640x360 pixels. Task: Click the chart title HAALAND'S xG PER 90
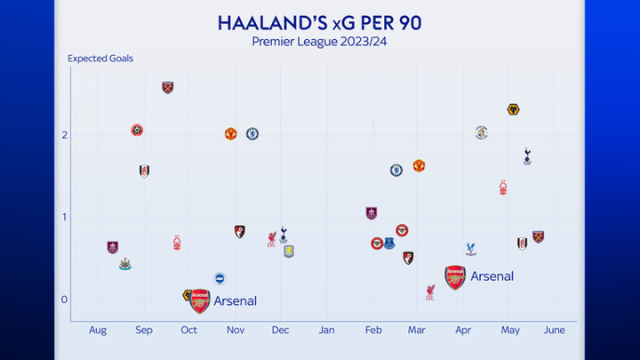point(320,23)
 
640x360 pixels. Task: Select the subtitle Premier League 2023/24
point(319,42)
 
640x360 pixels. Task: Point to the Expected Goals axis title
point(100,59)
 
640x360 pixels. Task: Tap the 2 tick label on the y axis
point(65,135)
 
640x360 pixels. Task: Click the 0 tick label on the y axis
point(64,300)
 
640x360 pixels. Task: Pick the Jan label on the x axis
point(326,330)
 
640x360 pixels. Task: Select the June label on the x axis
point(555,330)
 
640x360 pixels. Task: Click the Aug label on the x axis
point(98,330)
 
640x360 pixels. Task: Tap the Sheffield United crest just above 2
point(137,130)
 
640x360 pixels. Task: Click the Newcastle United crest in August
point(125,264)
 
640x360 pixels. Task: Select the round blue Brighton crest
point(220,278)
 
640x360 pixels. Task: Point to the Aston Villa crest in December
point(289,252)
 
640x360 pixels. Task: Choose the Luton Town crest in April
point(482,132)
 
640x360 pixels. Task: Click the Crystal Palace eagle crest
point(470,249)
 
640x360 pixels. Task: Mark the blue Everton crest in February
point(389,244)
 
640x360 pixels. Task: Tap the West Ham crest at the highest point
point(168,87)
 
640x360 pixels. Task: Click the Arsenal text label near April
point(492,276)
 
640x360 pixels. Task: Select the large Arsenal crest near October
point(200,301)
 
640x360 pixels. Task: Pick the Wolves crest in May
point(514,109)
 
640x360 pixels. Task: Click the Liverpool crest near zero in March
point(430,292)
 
